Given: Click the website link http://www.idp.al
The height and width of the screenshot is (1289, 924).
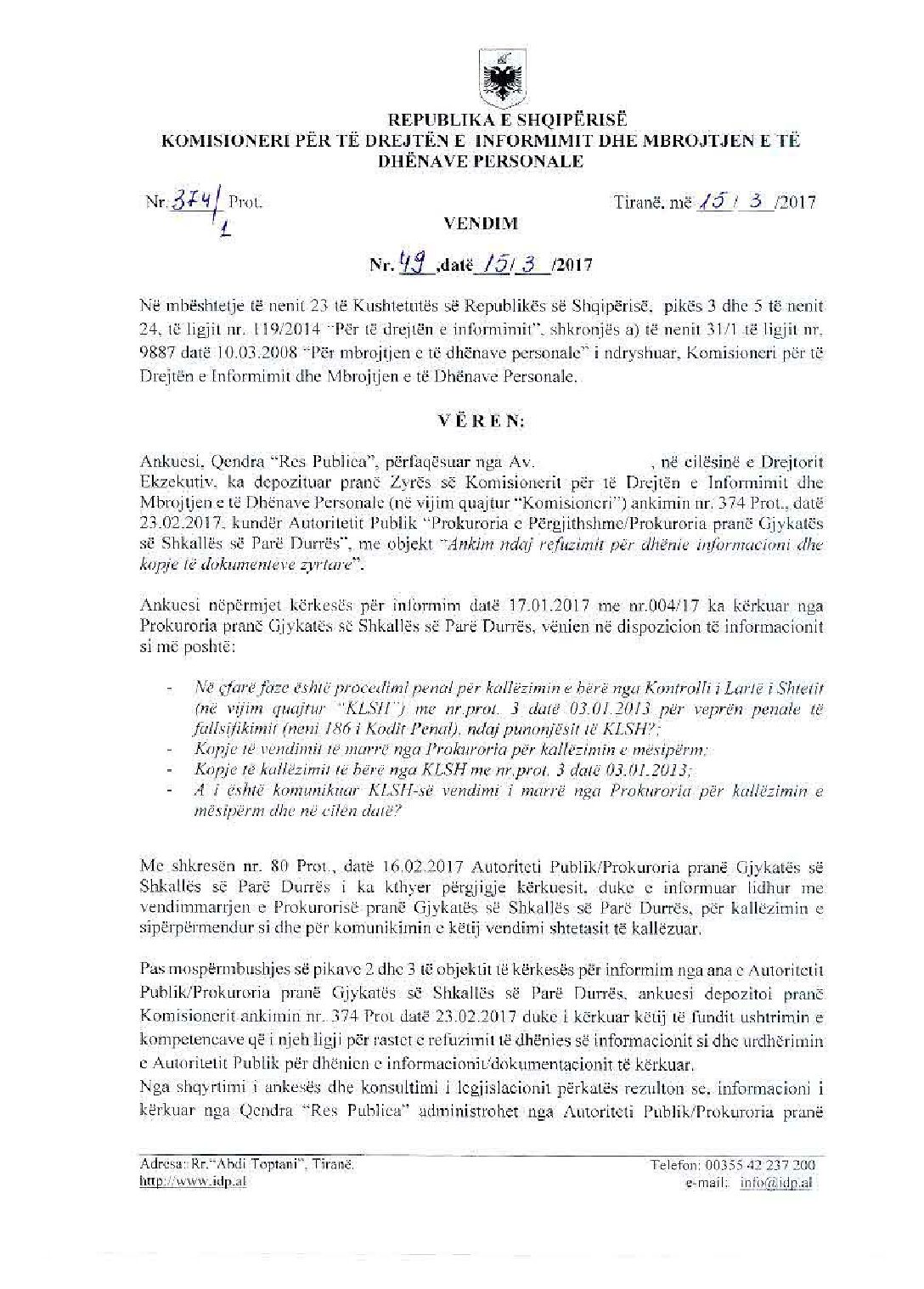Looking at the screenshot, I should [x=192, y=1182].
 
